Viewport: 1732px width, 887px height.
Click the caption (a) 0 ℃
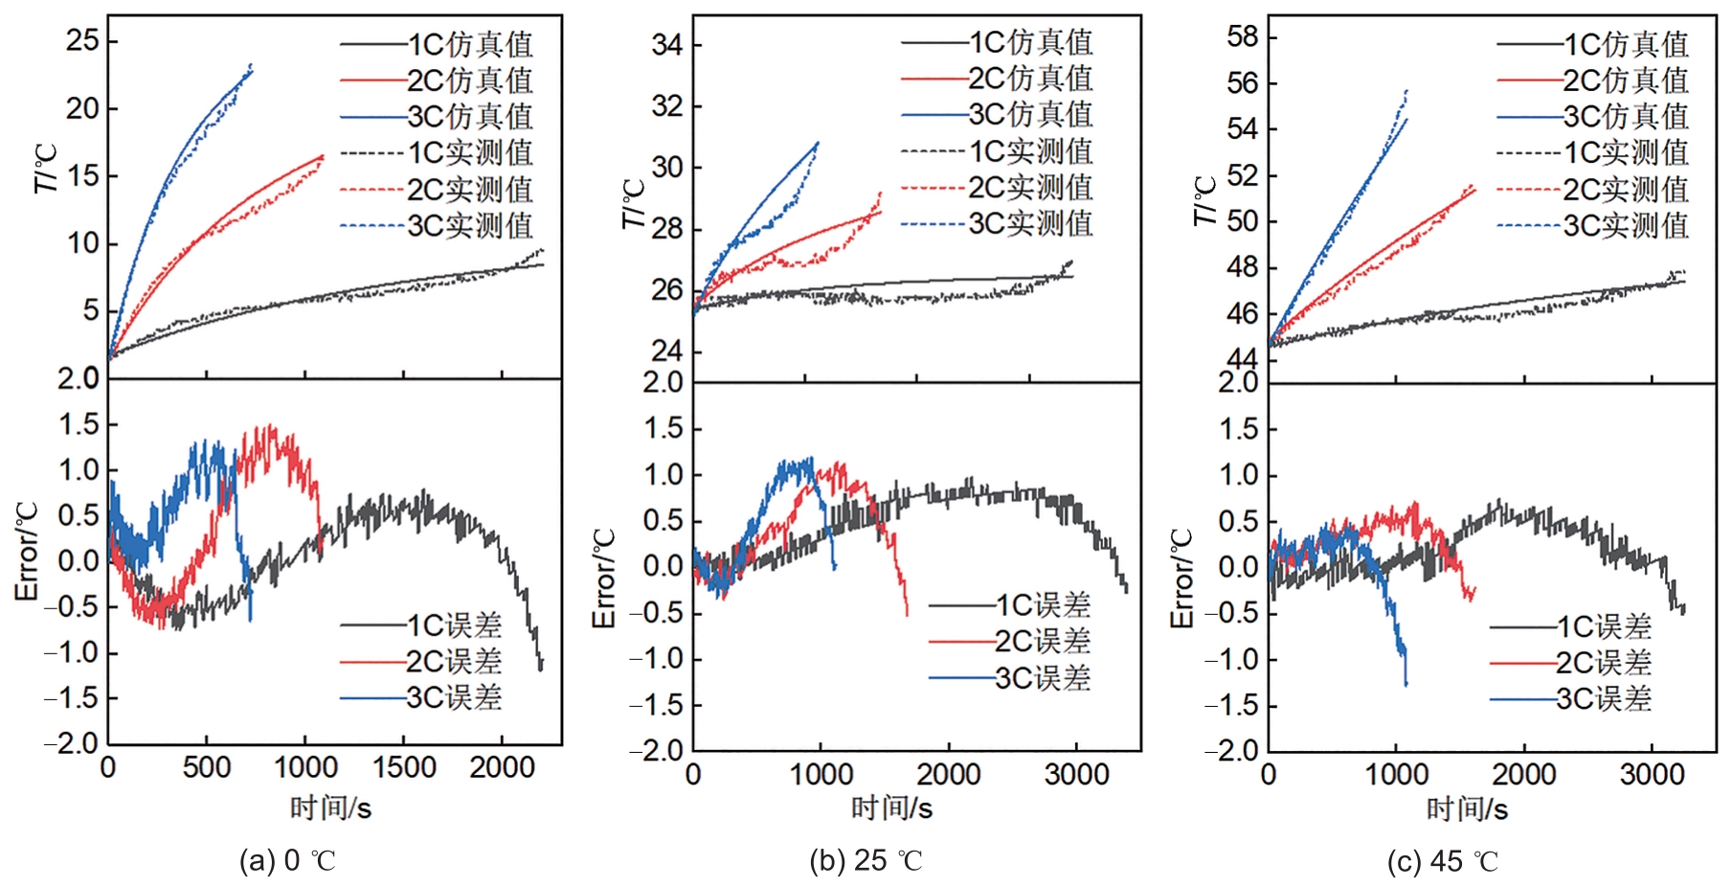(x=287, y=860)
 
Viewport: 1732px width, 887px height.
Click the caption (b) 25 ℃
(x=866, y=860)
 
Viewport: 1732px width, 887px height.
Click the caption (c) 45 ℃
(x=1442, y=861)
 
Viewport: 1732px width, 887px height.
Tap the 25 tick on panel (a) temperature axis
(x=82, y=40)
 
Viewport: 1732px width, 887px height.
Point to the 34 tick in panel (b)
(x=666, y=44)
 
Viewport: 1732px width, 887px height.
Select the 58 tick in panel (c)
(x=1243, y=36)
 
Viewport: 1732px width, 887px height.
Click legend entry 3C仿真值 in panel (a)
(x=469, y=116)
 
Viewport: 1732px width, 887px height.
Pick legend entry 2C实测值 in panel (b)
(x=1030, y=187)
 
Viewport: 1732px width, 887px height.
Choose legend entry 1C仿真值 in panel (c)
(x=1626, y=44)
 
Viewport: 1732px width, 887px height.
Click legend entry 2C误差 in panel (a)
(x=454, y=661)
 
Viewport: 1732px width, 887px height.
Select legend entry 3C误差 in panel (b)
(x=1043, y=678)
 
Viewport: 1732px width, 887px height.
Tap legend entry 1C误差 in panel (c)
(x=1604, y=626)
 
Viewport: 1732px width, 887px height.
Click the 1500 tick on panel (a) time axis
(x=403, y=768)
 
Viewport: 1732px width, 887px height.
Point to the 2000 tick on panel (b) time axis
(x=948, y=774)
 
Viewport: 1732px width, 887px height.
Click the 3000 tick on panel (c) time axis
(x=1651, y=774)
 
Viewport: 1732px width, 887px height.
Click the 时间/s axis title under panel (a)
(x=330, y=807)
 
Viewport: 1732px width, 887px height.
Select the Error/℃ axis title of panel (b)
(x=604, y=579)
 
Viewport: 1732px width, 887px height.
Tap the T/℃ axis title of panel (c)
(x=1203, y=201)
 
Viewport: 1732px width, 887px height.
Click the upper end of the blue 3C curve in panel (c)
(x=1406, y=91)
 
